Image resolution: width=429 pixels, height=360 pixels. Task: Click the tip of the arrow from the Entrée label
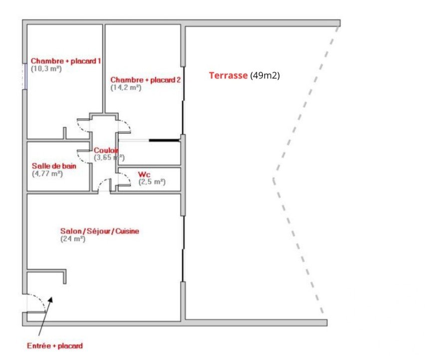52,297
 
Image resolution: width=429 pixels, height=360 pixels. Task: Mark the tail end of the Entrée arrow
39,336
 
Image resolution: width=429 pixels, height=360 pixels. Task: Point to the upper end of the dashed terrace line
338,26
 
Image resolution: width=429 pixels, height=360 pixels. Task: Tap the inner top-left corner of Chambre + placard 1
27,25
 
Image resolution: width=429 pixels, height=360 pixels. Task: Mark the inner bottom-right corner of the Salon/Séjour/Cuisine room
180,321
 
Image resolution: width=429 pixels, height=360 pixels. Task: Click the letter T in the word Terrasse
212,75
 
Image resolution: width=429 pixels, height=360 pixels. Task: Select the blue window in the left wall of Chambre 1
25,76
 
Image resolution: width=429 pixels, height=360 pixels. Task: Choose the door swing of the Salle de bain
84,157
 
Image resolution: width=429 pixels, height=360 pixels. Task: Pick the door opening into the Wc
124,180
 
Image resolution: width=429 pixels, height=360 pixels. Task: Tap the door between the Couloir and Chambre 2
124,126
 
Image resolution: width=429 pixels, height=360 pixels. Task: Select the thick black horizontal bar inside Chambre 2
165,140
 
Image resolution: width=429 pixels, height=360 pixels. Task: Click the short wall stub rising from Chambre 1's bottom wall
65,133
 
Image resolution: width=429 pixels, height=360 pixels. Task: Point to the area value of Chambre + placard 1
46,68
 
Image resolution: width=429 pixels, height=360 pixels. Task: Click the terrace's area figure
265,75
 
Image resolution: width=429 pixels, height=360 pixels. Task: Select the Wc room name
144,174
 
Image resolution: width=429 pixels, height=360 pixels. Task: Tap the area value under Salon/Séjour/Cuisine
73,239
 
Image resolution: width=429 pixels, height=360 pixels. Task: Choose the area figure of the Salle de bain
47,174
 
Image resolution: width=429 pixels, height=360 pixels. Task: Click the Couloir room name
106,150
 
